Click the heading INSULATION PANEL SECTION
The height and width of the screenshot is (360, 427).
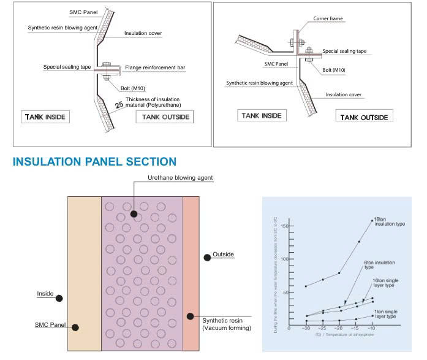pos(94,162)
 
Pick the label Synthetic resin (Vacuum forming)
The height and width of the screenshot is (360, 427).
pos(227,324)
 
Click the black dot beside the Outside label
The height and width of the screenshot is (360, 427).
pos(208,258)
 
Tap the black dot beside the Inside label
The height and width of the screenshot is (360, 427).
pos(59,298)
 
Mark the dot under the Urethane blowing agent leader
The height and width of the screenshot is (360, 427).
pos(134,214)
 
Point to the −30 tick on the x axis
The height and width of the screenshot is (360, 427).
pos(306,329)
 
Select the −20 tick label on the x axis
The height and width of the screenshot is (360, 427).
pos(339,329)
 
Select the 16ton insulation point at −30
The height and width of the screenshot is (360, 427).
pos(306,286)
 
